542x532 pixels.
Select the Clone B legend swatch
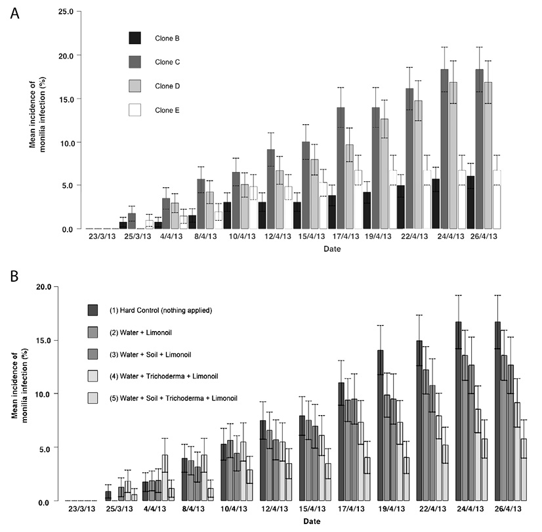tap(135, 38)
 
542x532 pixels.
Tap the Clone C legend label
tap(167, 62)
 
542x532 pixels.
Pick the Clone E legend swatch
tap(135, 110)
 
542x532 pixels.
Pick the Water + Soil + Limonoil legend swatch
tap(93, 354)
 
